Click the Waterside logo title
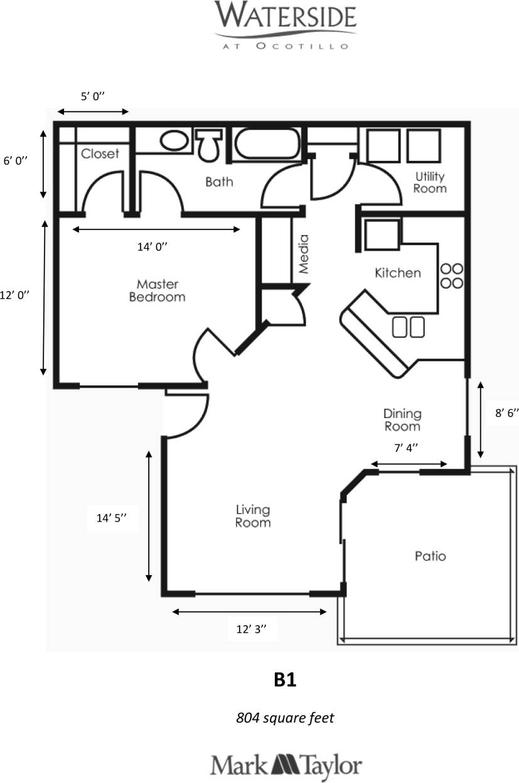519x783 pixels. [x=285, y=16]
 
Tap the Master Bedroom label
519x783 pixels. [x=157, y=290]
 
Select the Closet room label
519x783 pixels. [x=100, y=154]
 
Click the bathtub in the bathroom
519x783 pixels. [x=267, y=145]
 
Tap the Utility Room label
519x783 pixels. [x=430, y=182]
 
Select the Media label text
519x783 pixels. [x=304, y=254]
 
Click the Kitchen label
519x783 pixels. [x=397, y=273]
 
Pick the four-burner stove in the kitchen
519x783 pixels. [x=451, y=275]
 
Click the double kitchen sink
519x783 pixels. [x=408, y=327]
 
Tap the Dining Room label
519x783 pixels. [x=402, y=420]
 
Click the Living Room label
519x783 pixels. [x=253, y=515]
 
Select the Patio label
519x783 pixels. [x=430, y=556]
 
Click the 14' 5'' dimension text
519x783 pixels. [x=112, y=518]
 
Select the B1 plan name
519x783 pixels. [x=284, y=680]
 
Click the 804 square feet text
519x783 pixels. [x=284, y=717]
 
